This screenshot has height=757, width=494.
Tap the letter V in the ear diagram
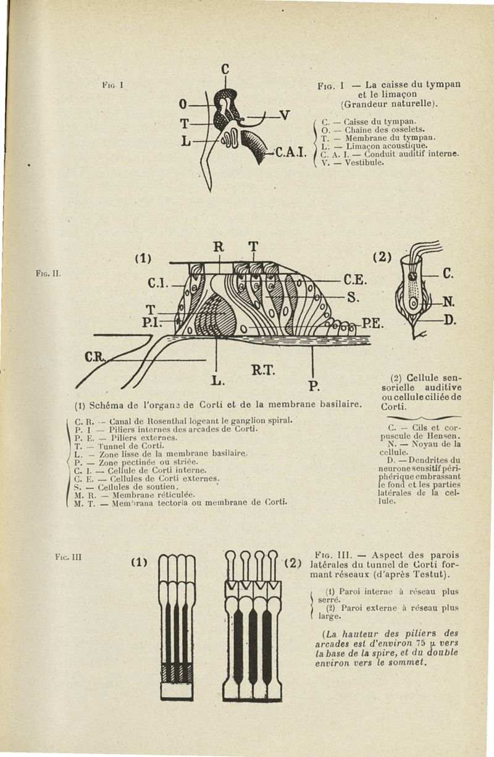tap(285, 115)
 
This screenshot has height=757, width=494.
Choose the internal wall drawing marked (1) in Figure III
tap(177, 627)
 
